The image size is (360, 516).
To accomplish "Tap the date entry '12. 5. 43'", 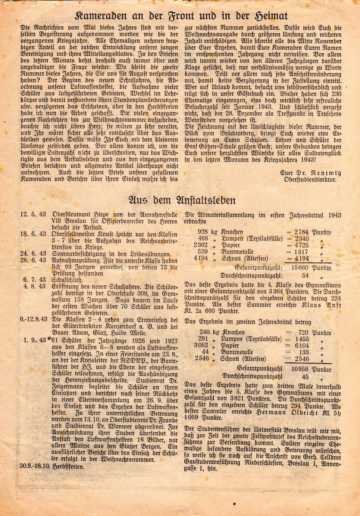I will tap(32, 214).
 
